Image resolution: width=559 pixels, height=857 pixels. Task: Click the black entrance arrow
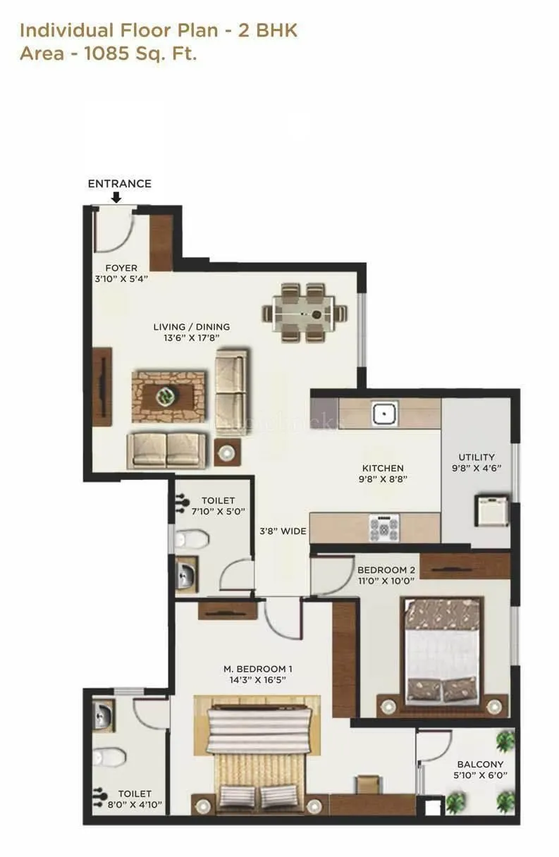pyautogui.click(x=116, y=198)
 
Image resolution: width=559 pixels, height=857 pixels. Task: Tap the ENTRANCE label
pyautogui.click(x=119, y=183)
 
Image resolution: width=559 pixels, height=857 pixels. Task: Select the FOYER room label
pyautogui.click(x=121, y=268)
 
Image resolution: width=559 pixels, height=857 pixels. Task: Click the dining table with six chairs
pyautogui.click(x=306, y=312)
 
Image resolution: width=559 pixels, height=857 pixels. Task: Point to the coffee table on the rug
pyautogui.click(x=168, y=395)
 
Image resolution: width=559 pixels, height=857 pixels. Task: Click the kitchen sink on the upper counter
pyautogui.click(x=385, y=414)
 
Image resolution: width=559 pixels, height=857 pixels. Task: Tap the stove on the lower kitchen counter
pyautogui.click(x=384, y=527)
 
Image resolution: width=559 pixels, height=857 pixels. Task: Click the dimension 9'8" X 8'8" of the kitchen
pyautogui.click(x=383, y=479)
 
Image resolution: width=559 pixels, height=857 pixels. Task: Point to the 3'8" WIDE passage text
pyautogui.click(x=283, y=531)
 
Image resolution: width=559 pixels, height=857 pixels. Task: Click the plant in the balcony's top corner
pyautogui.click(x=505, y=740)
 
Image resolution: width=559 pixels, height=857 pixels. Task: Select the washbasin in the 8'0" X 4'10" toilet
pyautogui.click(x=103, y=717)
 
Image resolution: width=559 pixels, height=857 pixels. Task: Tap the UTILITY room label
pyautogui.click(x=477, y=457)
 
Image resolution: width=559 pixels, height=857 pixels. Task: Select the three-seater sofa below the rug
pyautogui.click(x=167, y=450)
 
